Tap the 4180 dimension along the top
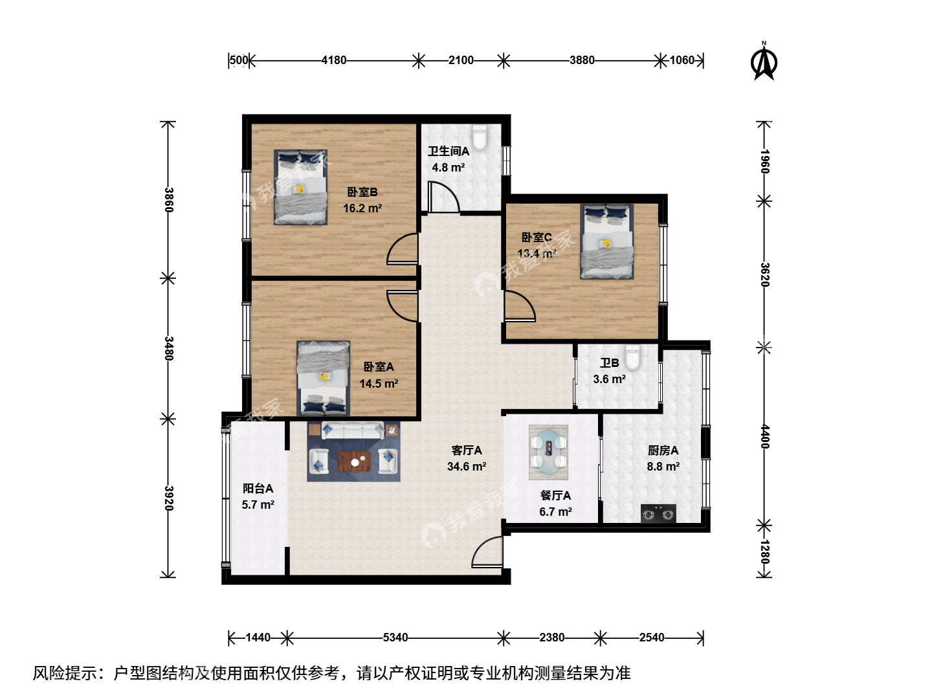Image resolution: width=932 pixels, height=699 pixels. [334, 60]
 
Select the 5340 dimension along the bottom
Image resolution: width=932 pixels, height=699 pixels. [395, 638]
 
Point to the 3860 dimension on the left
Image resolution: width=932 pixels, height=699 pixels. [169, 199]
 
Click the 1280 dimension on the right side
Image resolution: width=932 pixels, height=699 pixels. [764, 551]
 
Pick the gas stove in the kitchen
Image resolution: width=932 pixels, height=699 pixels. [658, 513]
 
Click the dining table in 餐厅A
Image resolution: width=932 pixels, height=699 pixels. [548, 452]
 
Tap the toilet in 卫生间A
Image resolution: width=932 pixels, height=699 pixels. [480, 137]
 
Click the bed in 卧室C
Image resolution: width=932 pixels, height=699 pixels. [606, 241]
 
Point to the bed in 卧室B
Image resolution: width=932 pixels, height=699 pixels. [300, 187]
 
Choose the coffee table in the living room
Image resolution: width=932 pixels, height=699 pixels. [353, 461]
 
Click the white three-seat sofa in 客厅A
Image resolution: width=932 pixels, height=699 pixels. [353, 430]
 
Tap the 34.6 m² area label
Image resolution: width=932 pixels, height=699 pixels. [466, 467]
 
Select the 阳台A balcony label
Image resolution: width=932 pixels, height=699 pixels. [258, 489]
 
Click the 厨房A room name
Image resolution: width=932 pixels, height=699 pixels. [663, 450]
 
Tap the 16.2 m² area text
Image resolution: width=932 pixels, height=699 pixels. [362, 208]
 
